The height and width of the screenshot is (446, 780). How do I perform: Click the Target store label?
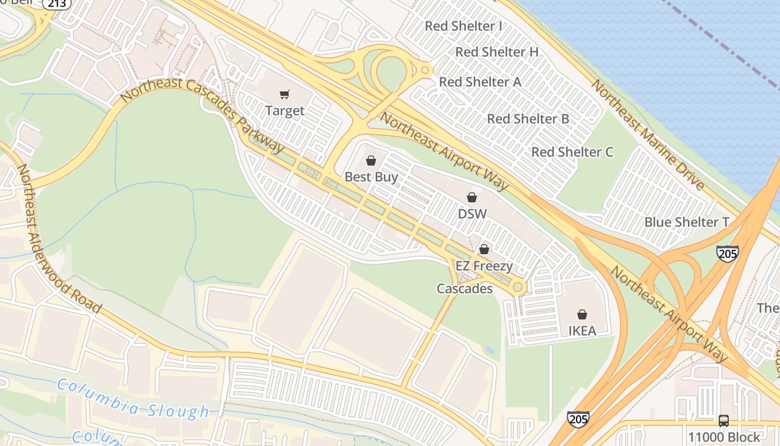click(x=285, y=110)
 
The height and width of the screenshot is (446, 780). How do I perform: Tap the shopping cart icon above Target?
click(x=285, y=95)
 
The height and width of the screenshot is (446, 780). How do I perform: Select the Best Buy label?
click(x=371, y=177)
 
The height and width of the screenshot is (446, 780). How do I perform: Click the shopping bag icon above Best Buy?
click(x=371, y=161)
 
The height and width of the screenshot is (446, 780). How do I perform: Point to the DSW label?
click(x=472, y=214)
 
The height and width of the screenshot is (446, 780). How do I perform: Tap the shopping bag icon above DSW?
click(x=472, y=197)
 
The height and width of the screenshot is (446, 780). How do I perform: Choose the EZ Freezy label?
click(x=484, y=265)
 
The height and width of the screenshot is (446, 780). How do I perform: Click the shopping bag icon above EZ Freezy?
click(x=484, y=249)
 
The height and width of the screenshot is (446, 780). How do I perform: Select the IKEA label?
click(x=582, y=331)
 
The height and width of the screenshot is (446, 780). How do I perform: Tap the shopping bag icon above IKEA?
click(x=582, y=314)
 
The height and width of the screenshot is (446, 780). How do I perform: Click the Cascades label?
click(x=465, y=289)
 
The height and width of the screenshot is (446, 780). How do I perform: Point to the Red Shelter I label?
click(x=464, y=26)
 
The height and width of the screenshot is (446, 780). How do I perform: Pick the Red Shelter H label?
click(x=497, y=52)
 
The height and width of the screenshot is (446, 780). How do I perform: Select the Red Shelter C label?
click(x=572, y=152)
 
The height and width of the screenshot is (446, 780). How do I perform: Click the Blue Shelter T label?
click(x=686, y=222)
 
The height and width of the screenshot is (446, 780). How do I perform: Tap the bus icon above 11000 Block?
click(x=724, y=421)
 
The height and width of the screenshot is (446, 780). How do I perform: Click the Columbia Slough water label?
click(x=133, y=399)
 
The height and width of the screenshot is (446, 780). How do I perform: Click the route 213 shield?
click(x=57, y=4)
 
